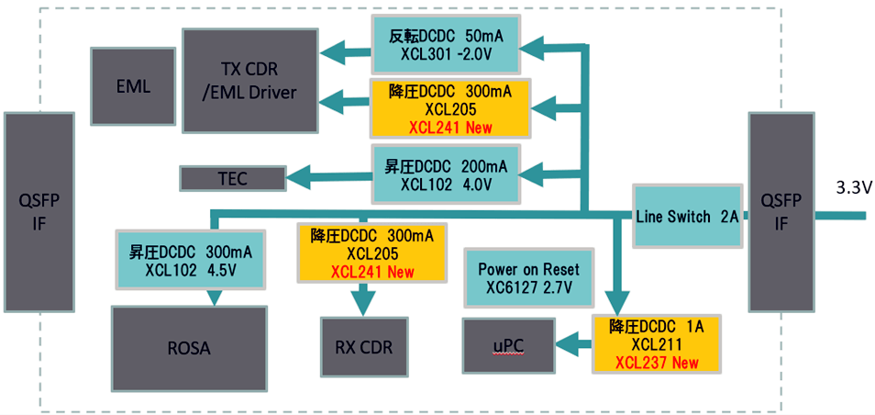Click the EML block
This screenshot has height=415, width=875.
(x=133, y=86)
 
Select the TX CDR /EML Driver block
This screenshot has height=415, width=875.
(x=249, y=80)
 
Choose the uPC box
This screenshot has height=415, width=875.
(x=508, y=345)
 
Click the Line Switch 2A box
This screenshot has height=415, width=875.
(x=687, y=217)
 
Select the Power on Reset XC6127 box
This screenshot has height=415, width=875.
(x=525, y=278)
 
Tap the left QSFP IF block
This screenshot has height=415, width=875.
(x=39, y=212)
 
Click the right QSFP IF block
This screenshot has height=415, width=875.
(x=781, y=212)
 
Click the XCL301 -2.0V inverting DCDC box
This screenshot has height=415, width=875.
(x=446, y=45)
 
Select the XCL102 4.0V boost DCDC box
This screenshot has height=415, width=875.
(x=446, y=174)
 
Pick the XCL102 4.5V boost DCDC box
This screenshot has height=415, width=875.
(x=191, y=260)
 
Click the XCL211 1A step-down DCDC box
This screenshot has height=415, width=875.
(x=656, y=342)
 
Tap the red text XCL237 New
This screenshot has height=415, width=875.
(x=656, y=363)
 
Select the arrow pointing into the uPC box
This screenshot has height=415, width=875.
(x=573, y=344)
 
